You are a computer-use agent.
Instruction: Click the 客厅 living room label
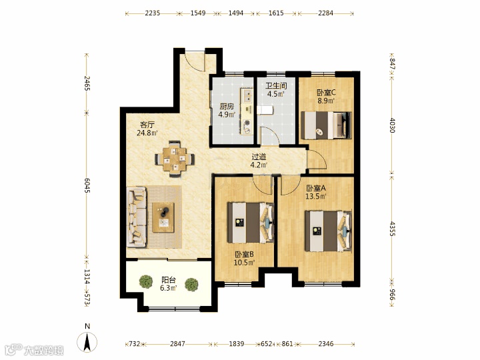tap(147, 125)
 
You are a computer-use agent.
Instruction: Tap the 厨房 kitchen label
tap(227, 107)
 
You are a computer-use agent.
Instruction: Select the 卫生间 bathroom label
tap(276, 86)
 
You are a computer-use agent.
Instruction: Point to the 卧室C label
tap(326, 92)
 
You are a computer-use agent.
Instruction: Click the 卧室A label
tap(316, 188)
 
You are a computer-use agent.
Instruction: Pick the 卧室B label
tap(244, 255)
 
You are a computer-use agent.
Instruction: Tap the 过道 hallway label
tap(259, 157)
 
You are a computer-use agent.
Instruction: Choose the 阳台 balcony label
tap(169, 280)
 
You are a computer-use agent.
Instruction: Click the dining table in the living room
tap(175, 159)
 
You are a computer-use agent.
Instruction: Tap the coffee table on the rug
tap(163, 217)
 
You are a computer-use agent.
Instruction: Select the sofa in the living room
tap(137, 217)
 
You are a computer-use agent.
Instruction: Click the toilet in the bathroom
tap(265, 110)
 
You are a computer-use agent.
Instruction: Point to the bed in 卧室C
tap(326, 125)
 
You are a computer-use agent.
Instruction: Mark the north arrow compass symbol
tap(87, 341)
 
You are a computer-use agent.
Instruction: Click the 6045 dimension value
tap(87, 185)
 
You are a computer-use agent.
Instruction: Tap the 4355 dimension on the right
tap(392, 228)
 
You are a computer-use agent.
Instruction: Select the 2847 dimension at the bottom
tap(177, 344)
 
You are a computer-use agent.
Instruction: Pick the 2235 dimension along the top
tap(153, 13)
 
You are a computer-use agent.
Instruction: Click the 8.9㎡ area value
tap(326, 101)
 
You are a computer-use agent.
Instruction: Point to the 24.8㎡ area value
tap(147, 133)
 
